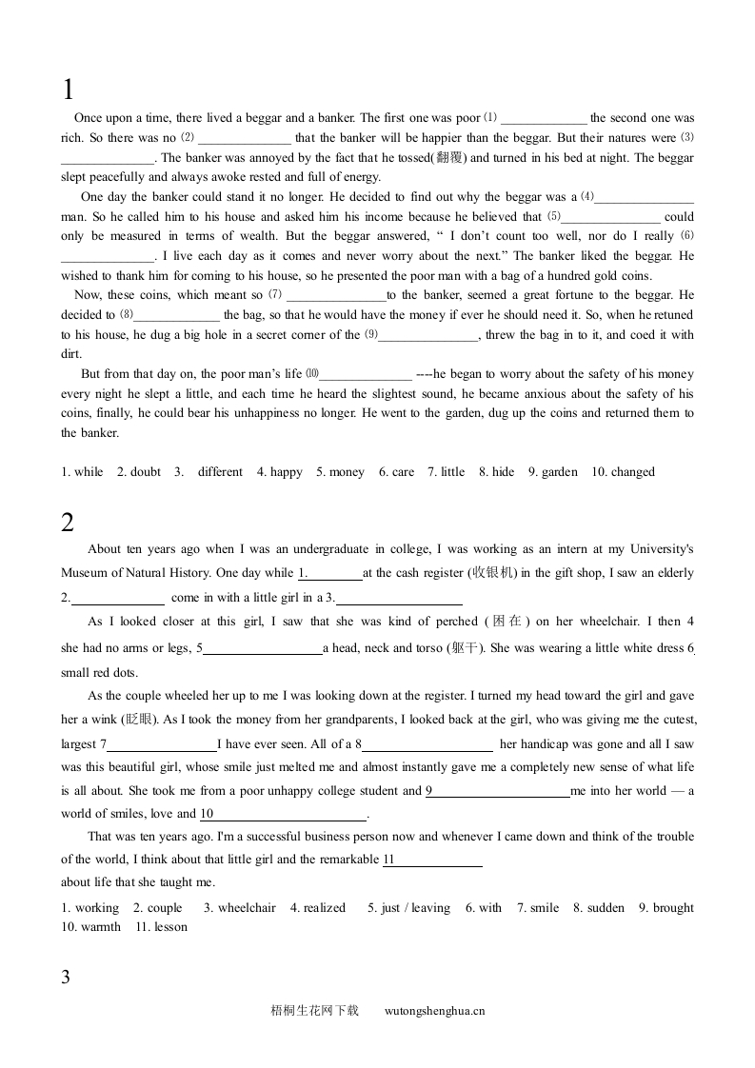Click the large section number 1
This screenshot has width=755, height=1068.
tap(68, 90)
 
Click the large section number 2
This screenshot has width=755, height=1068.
tap(68, 522)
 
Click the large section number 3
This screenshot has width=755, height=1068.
tap(66, 977)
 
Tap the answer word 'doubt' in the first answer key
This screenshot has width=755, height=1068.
tap(146, 472)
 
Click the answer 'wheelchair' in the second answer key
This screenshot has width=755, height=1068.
tap(247, 908)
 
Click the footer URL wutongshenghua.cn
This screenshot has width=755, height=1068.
tap(435, 1011)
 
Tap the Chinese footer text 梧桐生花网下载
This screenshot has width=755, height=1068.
tap(314, 1011)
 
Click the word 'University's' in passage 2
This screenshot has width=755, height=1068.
tap(660, 549)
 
